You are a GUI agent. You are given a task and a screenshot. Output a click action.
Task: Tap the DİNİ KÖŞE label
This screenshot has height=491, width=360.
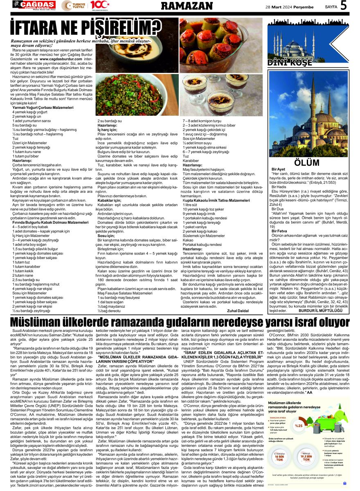click(x=290, y=63)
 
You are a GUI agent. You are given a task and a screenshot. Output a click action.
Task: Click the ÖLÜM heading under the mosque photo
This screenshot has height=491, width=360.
click(x=306, y=162)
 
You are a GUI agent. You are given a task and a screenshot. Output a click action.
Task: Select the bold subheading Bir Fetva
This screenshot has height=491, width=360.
click(x=279, y=231)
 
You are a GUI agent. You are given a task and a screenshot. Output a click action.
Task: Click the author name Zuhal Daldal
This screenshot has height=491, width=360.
click(x=238, y=311)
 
